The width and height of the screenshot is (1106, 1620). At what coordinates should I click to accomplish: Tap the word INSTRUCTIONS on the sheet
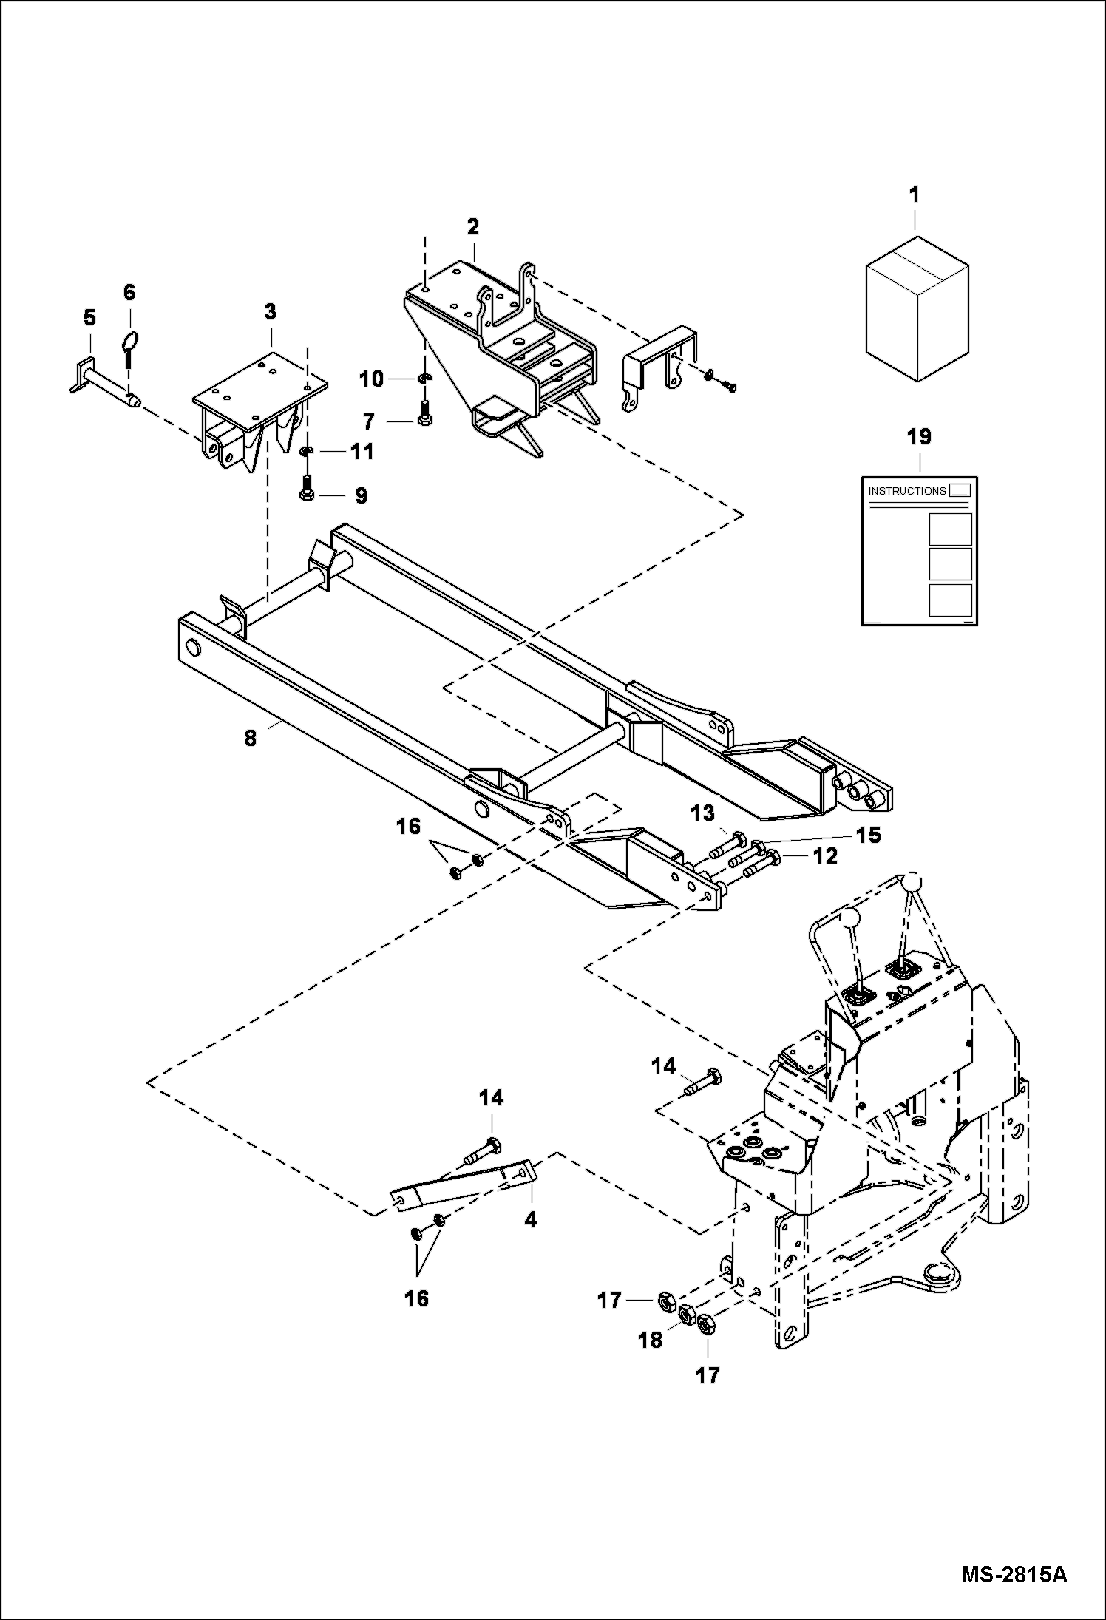tap(906, 491)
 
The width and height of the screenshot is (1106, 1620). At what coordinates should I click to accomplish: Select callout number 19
tap(919, 437)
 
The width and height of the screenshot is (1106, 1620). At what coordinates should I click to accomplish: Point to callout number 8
tap(251, 738)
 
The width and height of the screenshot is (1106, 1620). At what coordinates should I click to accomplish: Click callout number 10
tap(372, 379)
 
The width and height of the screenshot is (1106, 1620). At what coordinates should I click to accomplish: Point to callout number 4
tap(530, 1220)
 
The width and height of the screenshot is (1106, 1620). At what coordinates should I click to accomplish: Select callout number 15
tap(868, 836)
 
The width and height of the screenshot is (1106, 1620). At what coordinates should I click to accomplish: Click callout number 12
tap(825, 856)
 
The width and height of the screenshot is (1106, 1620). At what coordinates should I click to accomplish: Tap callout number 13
tap(703, 813)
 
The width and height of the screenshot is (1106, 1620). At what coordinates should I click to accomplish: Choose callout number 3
tap(270, 312)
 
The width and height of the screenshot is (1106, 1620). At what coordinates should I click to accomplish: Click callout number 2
tap(472, 226)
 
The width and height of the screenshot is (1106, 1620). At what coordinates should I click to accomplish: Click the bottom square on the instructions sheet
tap(950, 600)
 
